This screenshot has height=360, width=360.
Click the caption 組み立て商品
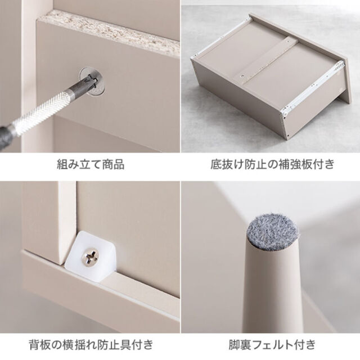91,164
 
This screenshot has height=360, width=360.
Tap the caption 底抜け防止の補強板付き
272,164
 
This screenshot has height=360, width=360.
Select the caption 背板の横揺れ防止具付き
91,345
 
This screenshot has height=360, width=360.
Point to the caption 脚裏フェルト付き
272,345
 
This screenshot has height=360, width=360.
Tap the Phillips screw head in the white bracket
91,257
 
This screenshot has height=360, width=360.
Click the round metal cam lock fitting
92,80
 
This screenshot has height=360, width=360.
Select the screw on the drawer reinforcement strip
241,75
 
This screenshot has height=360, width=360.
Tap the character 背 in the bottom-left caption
35,345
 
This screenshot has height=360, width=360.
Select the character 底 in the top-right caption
216,164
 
